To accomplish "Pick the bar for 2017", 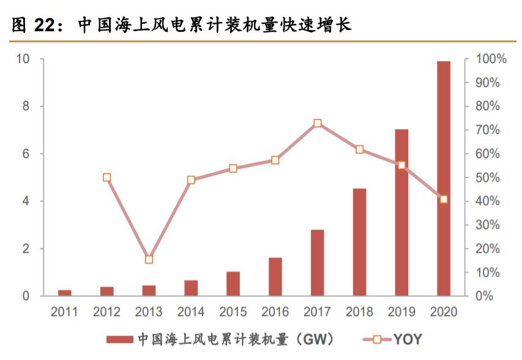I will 317,263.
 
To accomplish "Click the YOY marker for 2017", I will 318,124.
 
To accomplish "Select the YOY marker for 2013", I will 149,260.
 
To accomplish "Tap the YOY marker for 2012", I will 106,178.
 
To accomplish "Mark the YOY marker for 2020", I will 444,199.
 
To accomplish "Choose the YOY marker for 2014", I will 191,180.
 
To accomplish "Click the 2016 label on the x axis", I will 275,312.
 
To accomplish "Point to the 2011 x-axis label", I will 64,312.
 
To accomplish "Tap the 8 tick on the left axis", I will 25,107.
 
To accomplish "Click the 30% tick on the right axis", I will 488,225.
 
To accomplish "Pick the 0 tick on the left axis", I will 26,296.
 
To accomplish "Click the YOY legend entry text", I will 408,339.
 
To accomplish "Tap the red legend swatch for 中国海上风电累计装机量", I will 119,339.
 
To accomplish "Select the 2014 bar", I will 191,288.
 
